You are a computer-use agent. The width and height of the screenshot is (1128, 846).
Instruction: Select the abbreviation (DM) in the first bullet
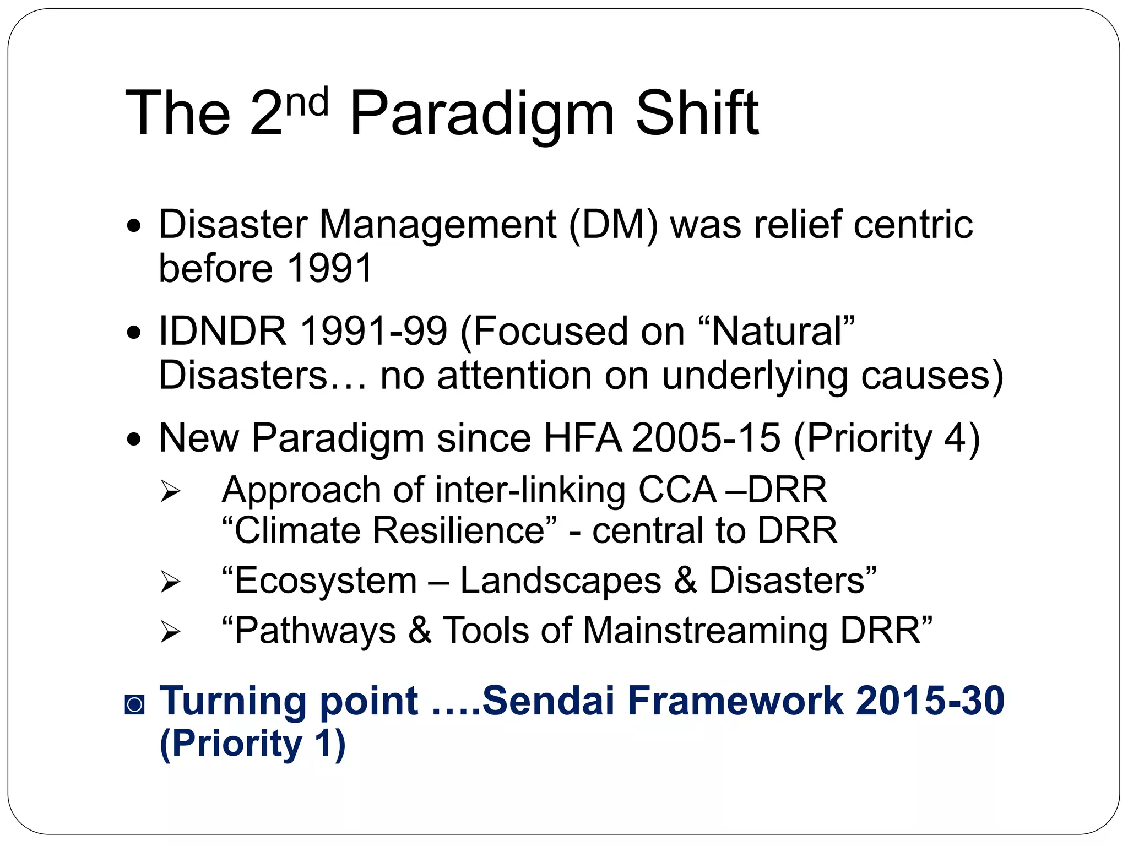pos(613,225)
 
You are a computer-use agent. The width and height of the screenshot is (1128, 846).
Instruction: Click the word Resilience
pos(458,530)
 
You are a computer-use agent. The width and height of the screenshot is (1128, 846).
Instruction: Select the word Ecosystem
pos(325,581)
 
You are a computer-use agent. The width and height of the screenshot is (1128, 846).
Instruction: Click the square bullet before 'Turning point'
pos(134,704)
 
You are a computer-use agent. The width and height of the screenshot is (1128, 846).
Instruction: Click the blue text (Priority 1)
pos(252,744)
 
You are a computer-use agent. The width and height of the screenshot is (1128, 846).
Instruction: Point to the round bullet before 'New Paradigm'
pos(134,440)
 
